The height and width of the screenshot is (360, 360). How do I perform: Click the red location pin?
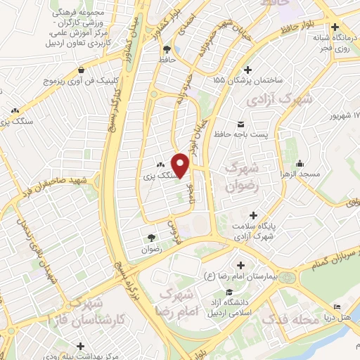click(x=181, y=165)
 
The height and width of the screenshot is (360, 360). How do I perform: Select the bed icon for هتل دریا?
click(x=337, y=308)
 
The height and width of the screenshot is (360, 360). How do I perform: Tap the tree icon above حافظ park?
click(x=167, y=49)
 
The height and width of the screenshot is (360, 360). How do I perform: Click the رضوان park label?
click(x=151, y=249)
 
